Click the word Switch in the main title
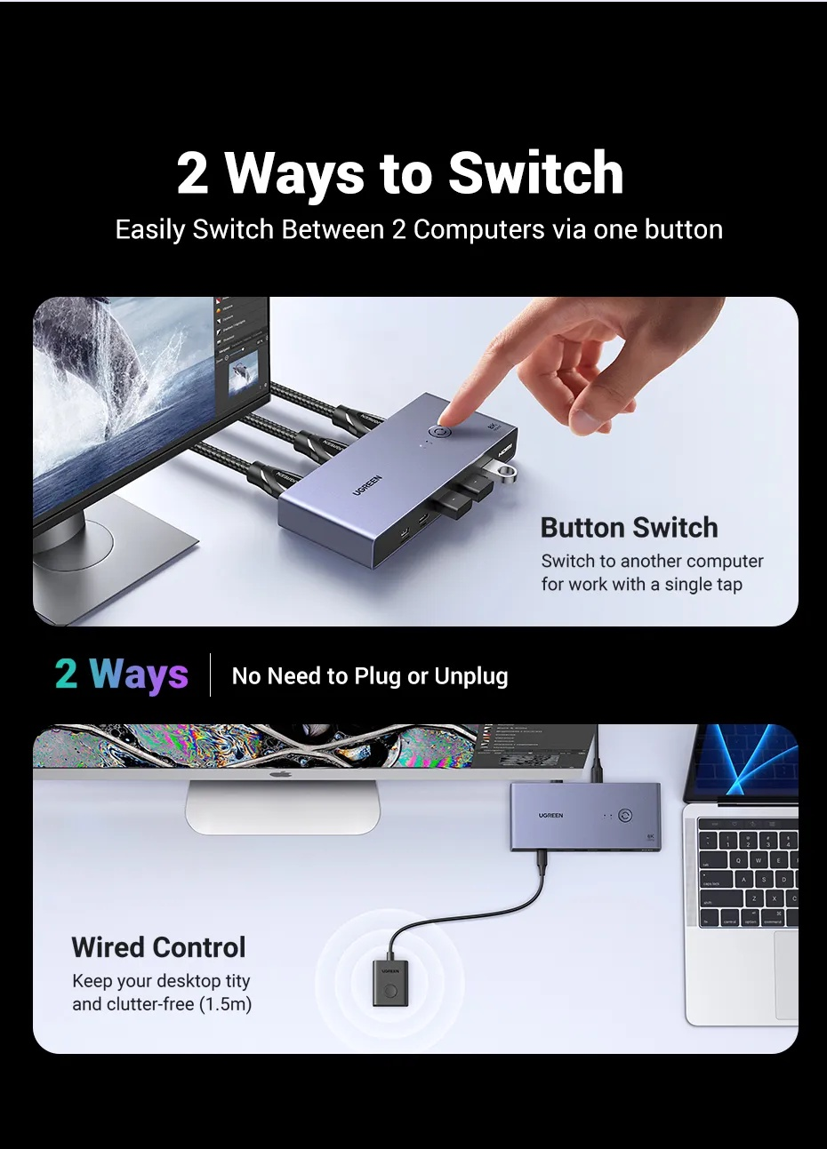click(x=536, y=173)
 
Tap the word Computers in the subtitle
click(x=479, y=229)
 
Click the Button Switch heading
click(x=629, y=527)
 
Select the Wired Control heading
click(x=158, y=947)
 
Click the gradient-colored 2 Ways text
click(x=122, y=674)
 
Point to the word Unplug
click(x=471, y=676)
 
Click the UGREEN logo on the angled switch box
click(x=367, y=484)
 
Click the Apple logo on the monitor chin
click(x=281, y=774)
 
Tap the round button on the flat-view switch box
click(x=624, y=815)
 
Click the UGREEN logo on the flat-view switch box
click(x=550, y=815)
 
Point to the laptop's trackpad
click(x=786, y=975)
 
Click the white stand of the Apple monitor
click(x=283, y=807)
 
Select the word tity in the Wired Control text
click(x=237, y=981)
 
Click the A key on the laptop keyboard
click(x=743, y=879)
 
